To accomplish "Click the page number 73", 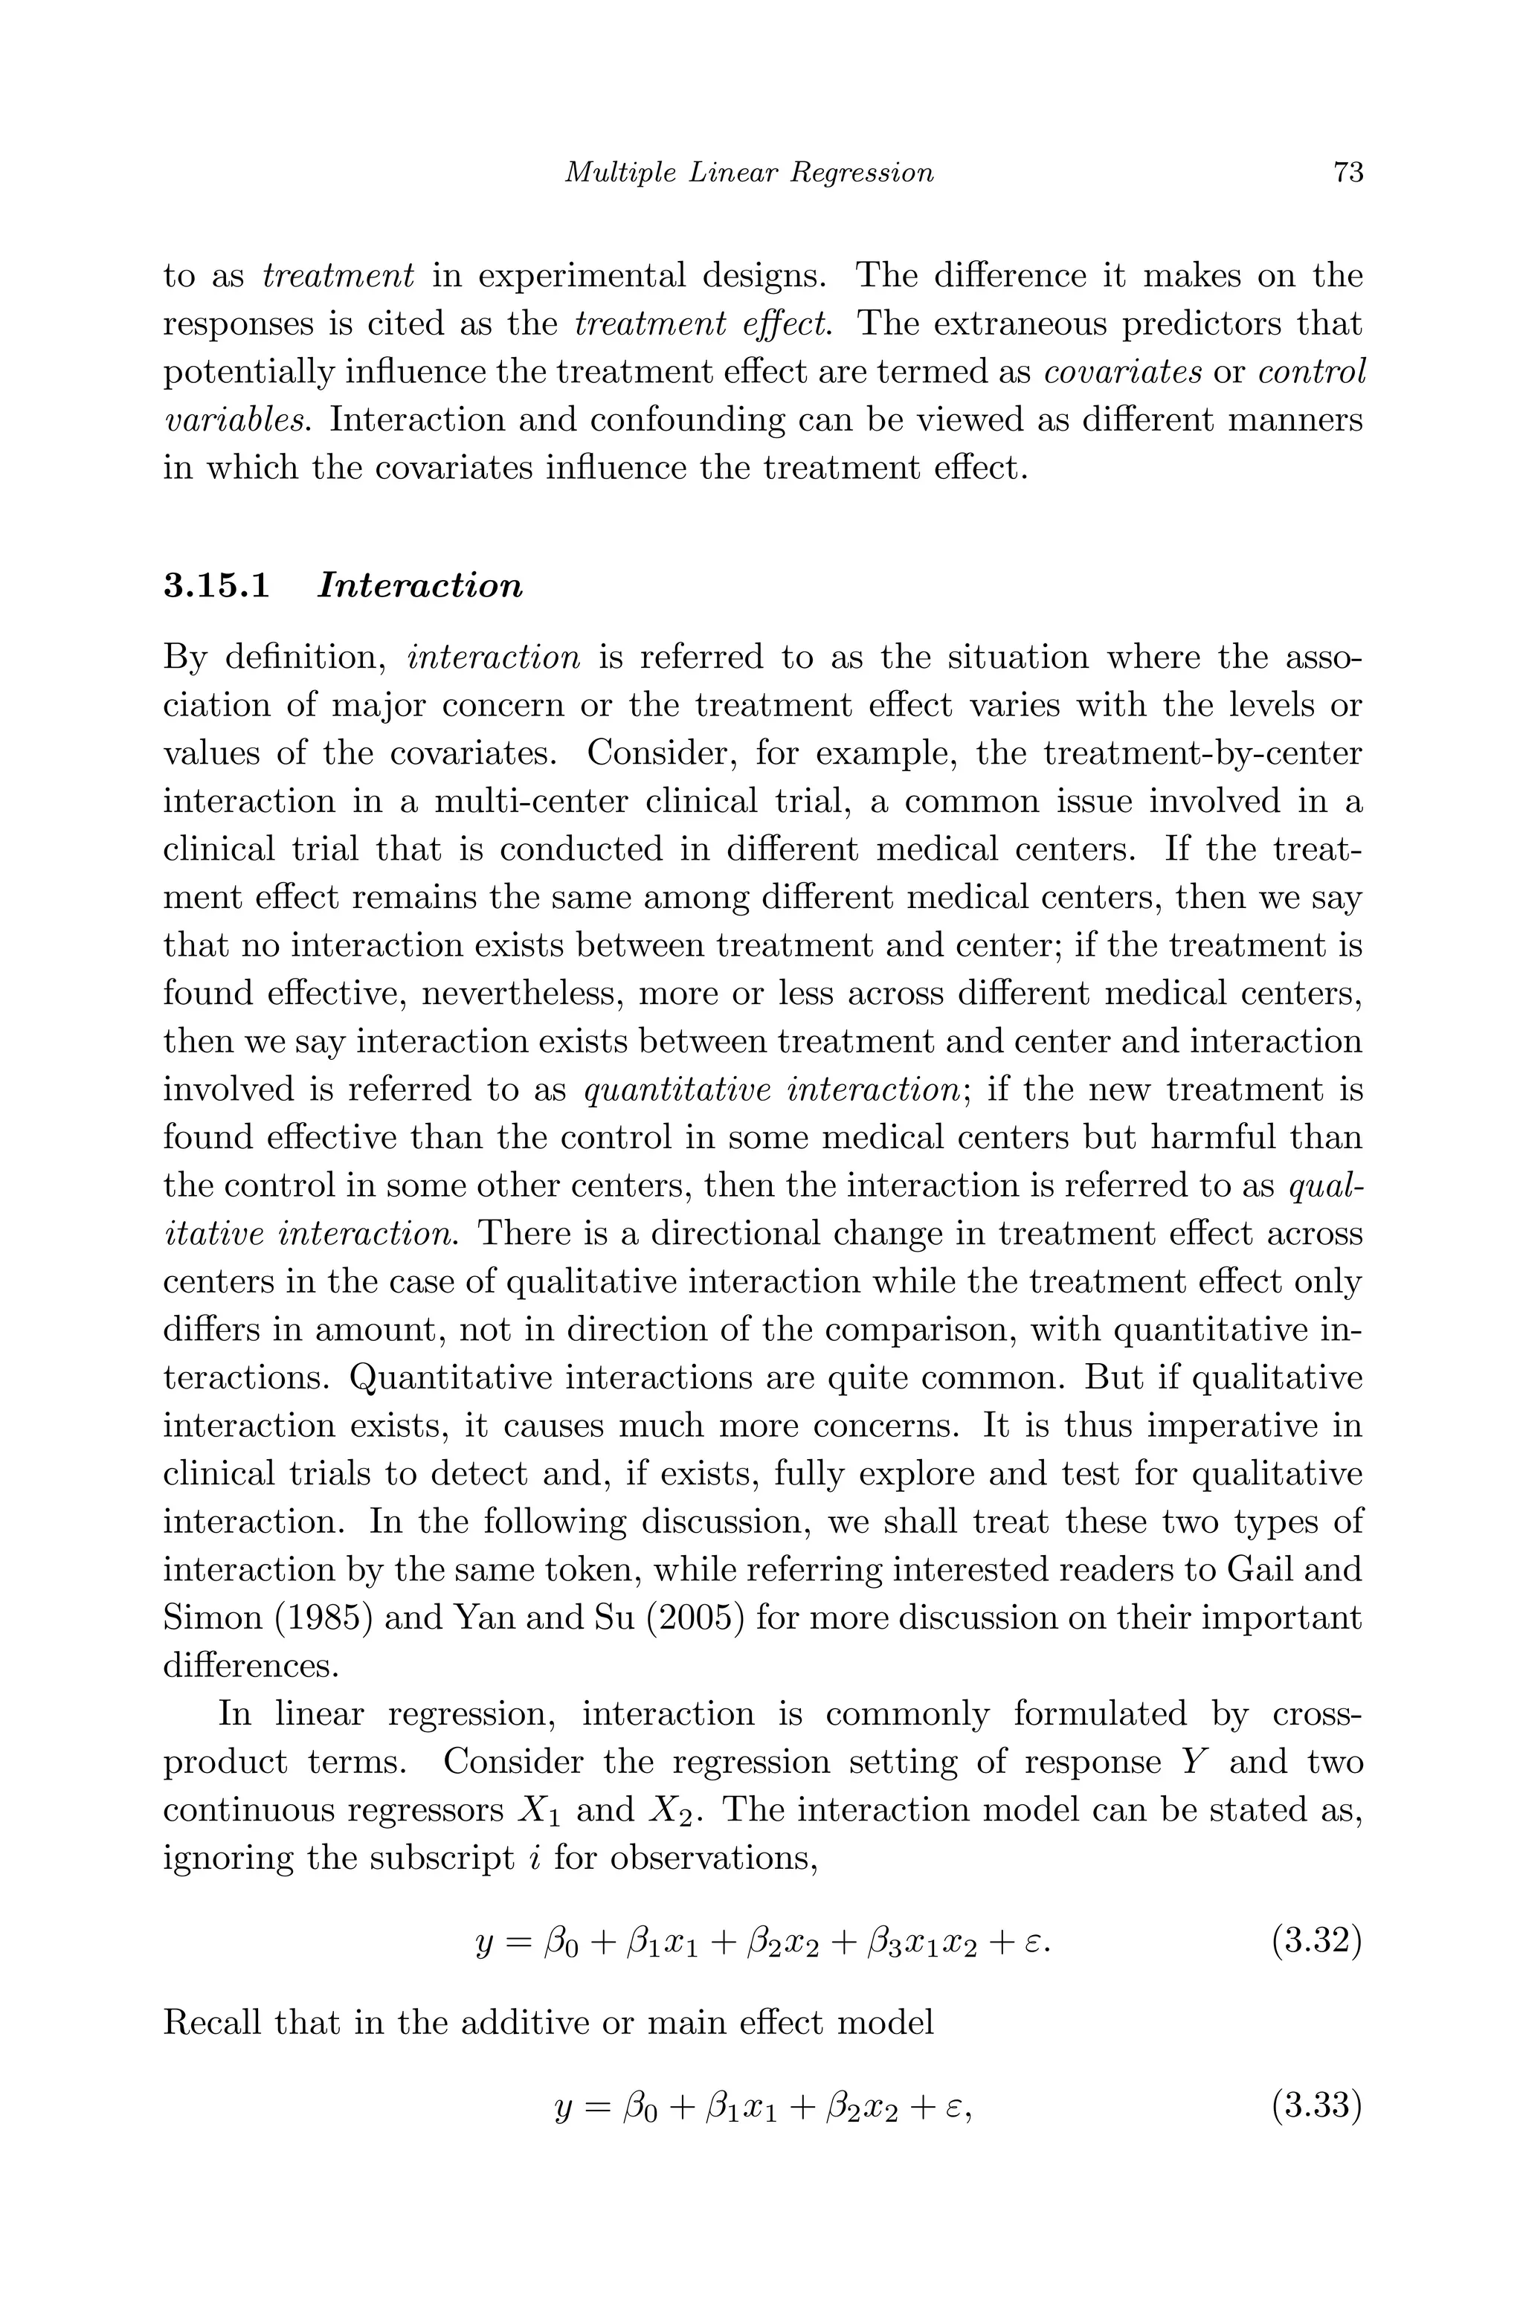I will click(x=1348, y=173).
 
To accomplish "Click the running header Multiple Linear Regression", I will click(x=749, y=173).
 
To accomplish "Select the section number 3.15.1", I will click(x=216, y=587).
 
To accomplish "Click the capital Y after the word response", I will click(x=1190, y=1762).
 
